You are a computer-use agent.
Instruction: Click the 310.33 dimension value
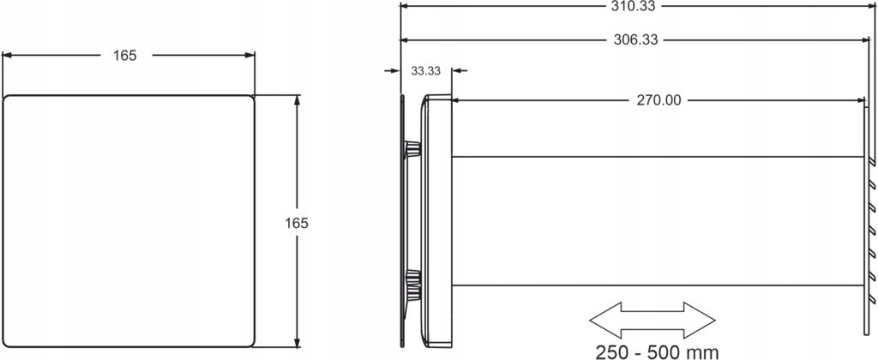pyautogui.click(x=635, y=6)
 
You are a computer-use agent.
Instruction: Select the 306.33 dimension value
pyautogui.click(x=635, y=39)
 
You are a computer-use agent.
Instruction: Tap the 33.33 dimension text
pyautogui.click(x=425, y=71)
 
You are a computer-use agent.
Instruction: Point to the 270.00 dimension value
pyautogui.click(x=659, y=101)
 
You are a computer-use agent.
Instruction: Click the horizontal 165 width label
pyautogui.click(x=125, y=56)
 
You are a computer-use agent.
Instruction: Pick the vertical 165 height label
pyautogui.click(x=297, y=223)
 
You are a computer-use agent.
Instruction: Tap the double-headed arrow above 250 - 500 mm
pyautogui.click(x=652, y=320)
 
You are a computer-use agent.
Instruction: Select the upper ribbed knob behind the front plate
pyautogui.click(x=412, y=149)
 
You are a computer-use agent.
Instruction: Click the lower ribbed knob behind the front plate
pyautogui.click(x=412, y=278)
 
